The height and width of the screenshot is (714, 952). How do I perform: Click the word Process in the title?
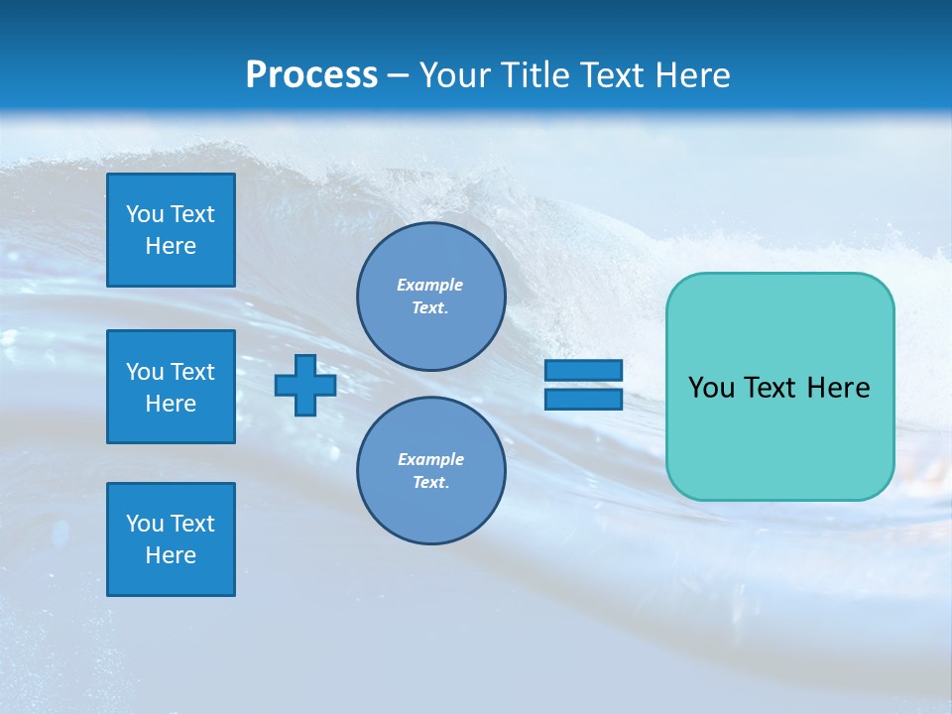pyautogui.click(x=311, y=75)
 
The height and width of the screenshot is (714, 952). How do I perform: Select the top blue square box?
pyautogui.click(x=171, y=230)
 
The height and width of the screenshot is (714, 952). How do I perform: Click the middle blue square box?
pyautogui.click(x=171, y=387)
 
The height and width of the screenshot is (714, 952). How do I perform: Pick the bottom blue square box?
pyautogui.click(x=171, y=539)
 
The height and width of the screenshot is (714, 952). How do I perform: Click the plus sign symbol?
pyautogui.click(x=304, y=385)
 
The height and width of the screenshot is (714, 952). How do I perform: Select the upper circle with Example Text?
pyautogui.click(x=430, y=297)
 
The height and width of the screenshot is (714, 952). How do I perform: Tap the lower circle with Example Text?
pyautogui.click(x=430, y=471)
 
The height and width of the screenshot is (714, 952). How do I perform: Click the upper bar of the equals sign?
pyautogui.click(x=583, y=370)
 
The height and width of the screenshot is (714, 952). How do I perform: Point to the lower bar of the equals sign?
pyautogui.click(x=583, y=399)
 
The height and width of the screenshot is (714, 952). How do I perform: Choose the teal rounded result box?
pyautogui.click(x=779, y=387)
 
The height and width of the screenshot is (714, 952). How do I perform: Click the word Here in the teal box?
pyautogui.click(x=838, y=388)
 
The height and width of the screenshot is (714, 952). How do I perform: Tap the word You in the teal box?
pyautogui.click(x=711, y=388)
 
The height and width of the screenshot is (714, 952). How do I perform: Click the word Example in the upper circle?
pyautogui.click(x=430, y=285)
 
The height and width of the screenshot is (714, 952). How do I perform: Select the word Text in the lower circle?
pyautogui.click(x=430, y=483)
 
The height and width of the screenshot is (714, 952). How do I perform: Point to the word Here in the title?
pyautogui.click(x=694, y=75)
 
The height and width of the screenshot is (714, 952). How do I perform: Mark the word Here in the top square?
pyautogui.click(x=171, y=246)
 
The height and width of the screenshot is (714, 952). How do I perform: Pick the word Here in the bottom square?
pyautogui.click(x=171, y=555)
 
